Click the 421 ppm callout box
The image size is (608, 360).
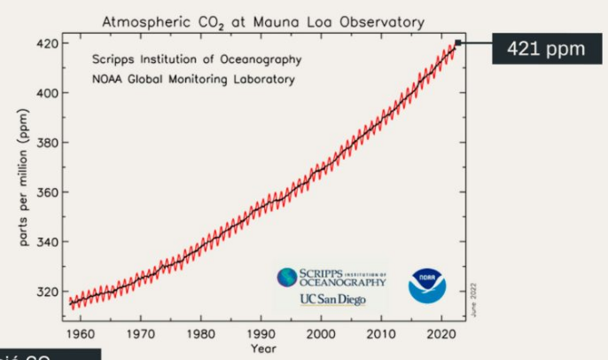click(x=546, y=48)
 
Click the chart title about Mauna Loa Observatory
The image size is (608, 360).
click(x=263, y=20)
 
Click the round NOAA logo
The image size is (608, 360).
click(x=427, y=286)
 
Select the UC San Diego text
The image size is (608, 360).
click(x=331, y=299)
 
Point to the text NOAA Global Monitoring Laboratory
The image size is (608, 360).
click(x=193, y=79)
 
